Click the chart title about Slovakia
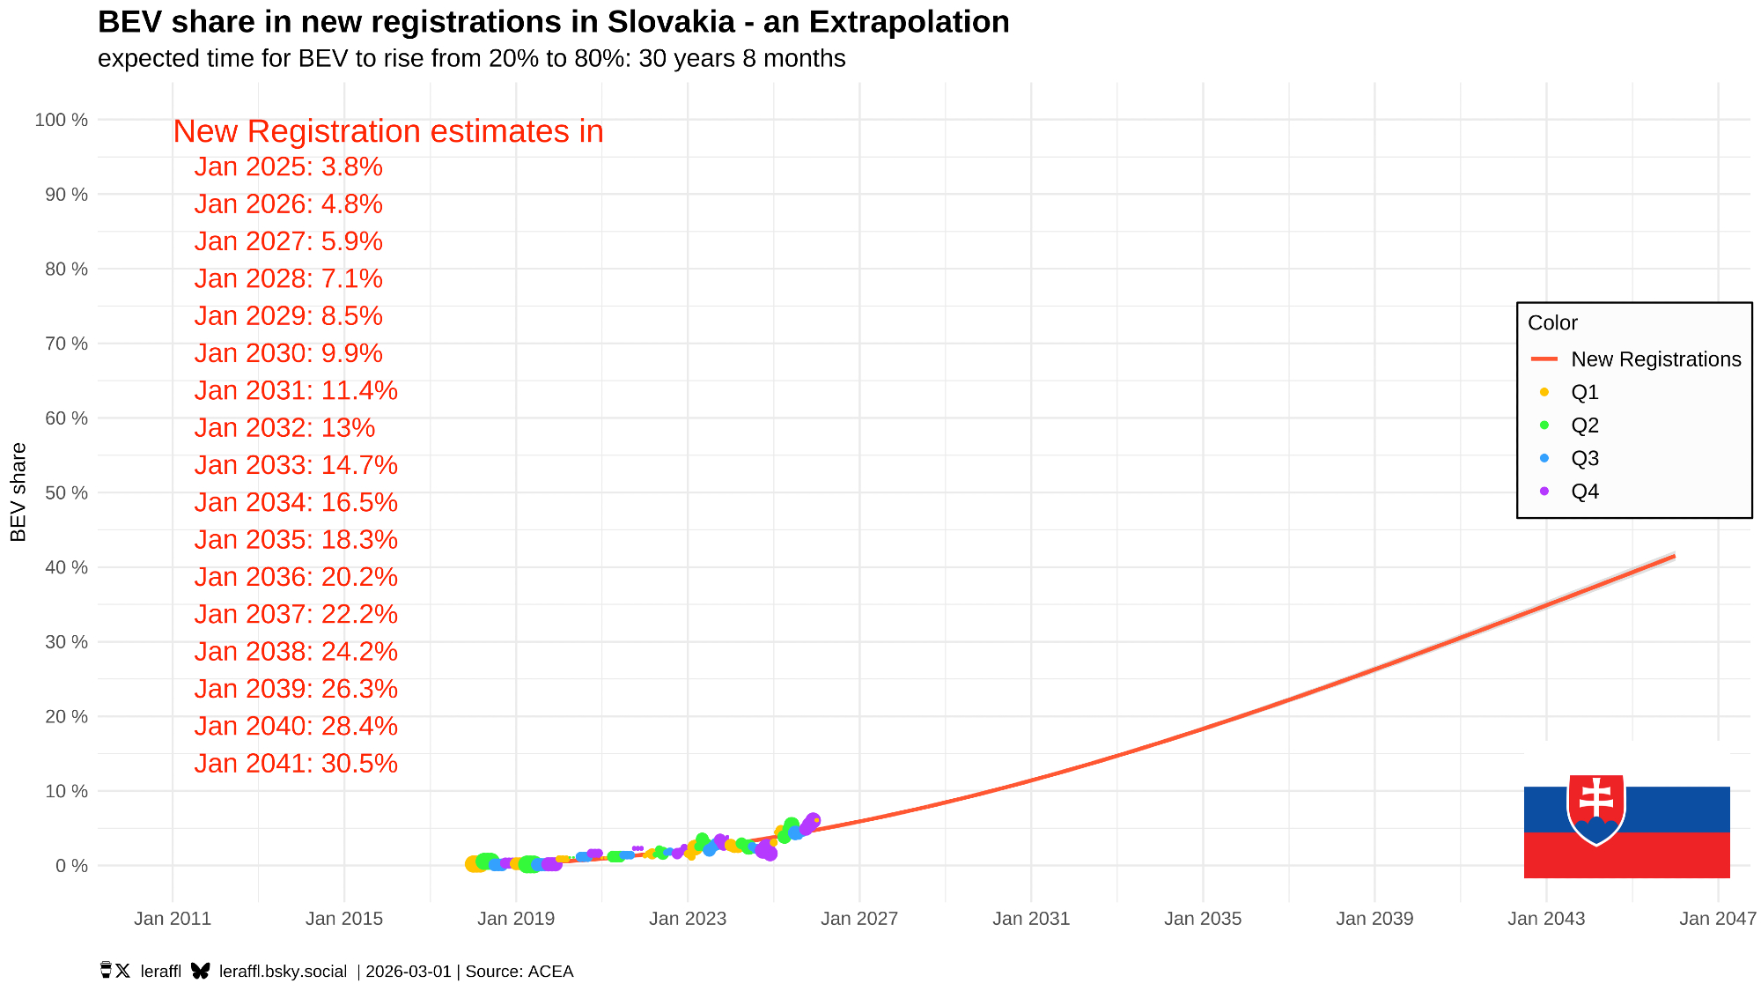point(553,22)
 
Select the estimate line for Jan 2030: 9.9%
point(288,353)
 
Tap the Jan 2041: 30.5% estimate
point(296,764)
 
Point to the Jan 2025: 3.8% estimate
point(288,167)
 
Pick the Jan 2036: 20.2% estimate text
point(296,577)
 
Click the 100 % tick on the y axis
point(61,120)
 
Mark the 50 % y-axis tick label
point(66,492)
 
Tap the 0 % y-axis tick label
point(71,866)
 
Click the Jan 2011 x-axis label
point(173,919)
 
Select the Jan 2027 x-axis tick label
point(859,919)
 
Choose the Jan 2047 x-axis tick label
point(1717,919)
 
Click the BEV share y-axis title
point(18,492)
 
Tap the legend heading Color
point(1552,323)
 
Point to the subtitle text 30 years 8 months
point(741,59)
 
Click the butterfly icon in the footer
point(201,971)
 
